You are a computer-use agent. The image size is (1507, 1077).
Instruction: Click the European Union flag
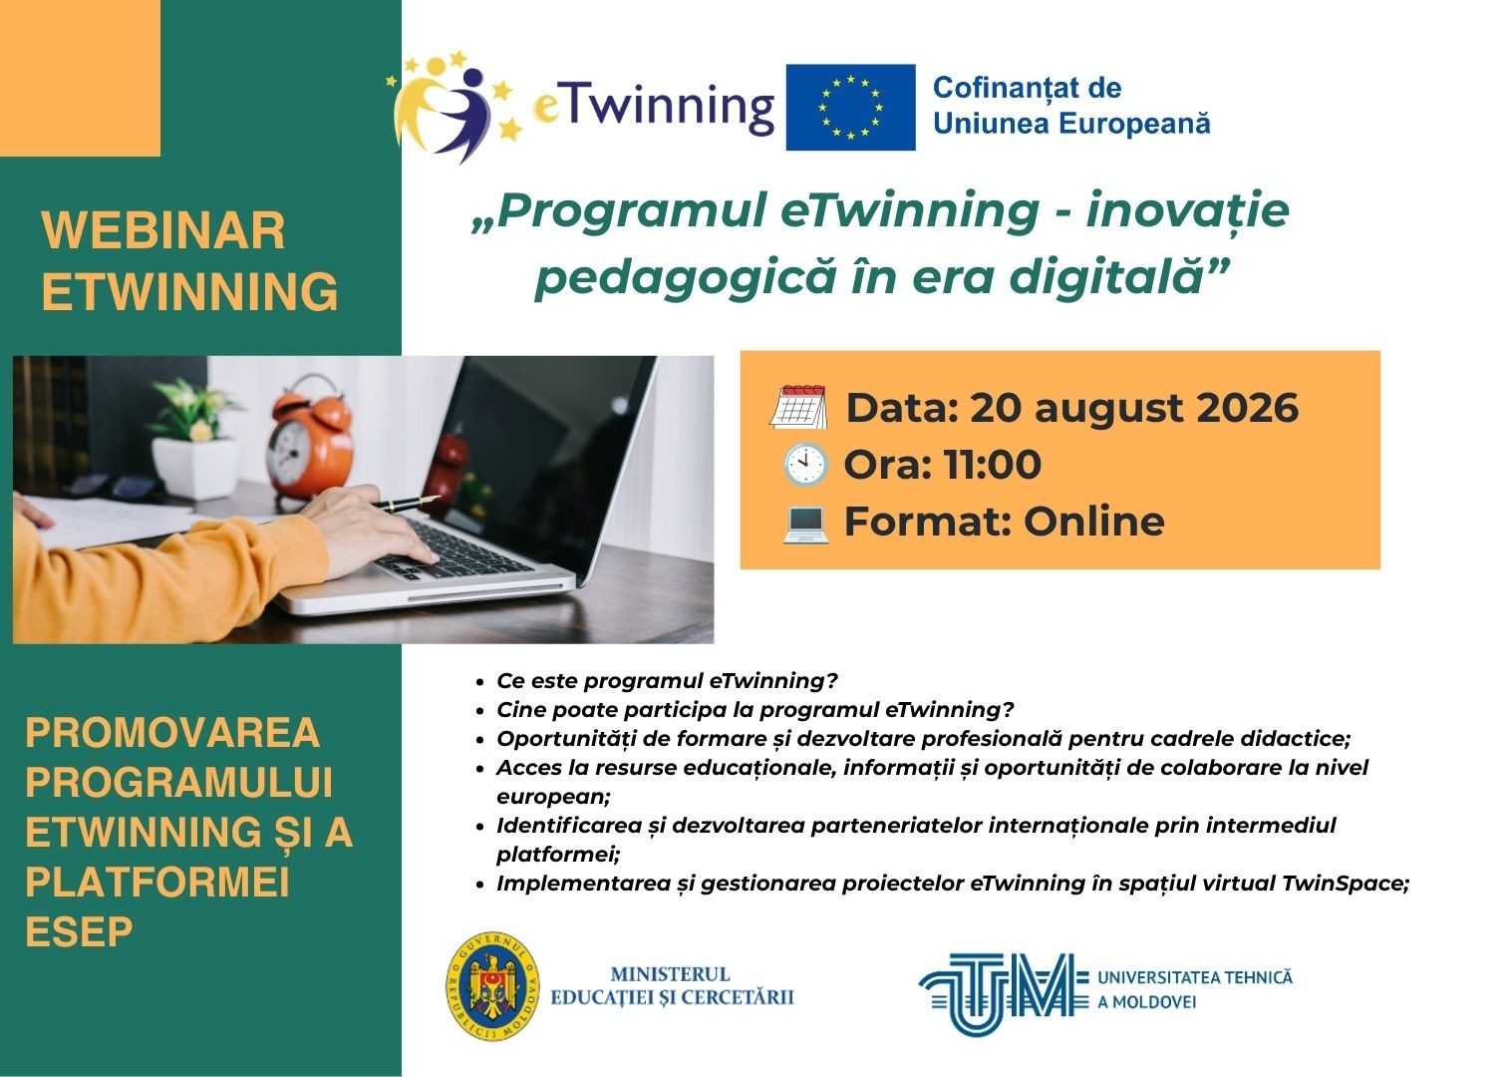tap(850, 107)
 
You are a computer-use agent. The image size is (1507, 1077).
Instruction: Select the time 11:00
tap(992, 465)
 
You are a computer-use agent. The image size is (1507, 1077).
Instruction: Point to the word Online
tap(1094, 521)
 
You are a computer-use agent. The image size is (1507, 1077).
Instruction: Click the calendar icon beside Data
tap(798, 407)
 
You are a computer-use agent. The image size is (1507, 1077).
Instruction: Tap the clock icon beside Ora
tap(805, 465)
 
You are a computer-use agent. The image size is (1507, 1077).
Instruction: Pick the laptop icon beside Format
tap(805, 523)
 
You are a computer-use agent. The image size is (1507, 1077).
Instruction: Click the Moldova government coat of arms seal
tap(493, 996)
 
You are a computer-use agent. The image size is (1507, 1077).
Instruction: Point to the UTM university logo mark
tap(1003, 993)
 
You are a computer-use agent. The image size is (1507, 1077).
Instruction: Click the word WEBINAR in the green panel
tap(163, 231)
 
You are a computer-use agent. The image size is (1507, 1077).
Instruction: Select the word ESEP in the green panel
tap(79, 931)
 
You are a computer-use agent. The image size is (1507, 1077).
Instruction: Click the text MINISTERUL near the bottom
tap(670, 974)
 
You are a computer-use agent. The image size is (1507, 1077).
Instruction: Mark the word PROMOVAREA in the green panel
tap(172, 732)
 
